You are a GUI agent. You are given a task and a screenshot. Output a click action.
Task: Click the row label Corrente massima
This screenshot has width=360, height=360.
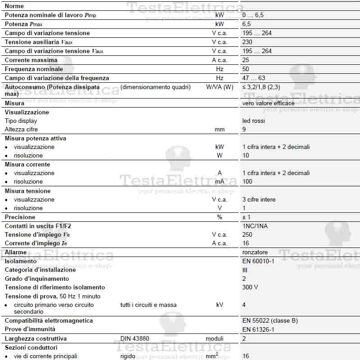pos(31,60)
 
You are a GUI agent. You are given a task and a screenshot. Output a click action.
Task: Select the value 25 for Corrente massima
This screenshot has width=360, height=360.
pos(246,60)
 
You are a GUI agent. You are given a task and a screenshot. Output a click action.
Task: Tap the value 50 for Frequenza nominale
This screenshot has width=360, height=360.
pos(246,69)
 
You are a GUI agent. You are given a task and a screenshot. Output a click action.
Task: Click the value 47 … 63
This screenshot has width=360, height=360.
pos(254,78)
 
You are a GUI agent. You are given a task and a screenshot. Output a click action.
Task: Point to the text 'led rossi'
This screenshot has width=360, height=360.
pos(254,121)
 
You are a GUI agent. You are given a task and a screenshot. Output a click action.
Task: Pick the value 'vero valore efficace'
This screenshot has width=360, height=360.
pos(268,103)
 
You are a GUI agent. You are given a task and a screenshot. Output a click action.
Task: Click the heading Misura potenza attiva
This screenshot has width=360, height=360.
pos(36,138)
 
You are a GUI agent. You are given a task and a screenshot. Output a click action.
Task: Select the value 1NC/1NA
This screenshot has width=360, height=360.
pos(255,226)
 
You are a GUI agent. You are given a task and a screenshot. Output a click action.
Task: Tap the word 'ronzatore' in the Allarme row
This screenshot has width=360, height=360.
pos(255,252)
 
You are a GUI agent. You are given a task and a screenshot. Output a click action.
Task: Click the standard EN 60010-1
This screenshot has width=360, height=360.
pos(258,261)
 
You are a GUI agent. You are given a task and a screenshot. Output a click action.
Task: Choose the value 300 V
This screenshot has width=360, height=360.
pos(250,287)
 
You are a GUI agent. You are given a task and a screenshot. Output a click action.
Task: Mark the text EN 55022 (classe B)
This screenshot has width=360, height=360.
pos(270,320)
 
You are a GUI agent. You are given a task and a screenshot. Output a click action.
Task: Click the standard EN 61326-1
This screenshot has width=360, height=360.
pos(258,329)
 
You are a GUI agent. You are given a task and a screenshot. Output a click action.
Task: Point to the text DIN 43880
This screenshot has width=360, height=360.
pos(135,338)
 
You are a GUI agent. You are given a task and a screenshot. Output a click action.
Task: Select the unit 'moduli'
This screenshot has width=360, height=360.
pos(215,338)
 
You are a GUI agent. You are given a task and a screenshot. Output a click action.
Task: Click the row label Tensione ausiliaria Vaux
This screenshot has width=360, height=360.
pos(39,42)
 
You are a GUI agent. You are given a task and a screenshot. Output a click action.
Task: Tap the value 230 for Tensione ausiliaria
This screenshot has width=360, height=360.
pos(247,42)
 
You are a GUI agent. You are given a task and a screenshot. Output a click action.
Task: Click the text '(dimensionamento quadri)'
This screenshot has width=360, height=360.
pos(156,87)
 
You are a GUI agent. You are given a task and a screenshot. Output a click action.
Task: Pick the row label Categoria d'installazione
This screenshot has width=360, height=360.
pos(40,270)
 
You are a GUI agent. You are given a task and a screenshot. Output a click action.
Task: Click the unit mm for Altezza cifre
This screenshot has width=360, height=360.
pos(220,129)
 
